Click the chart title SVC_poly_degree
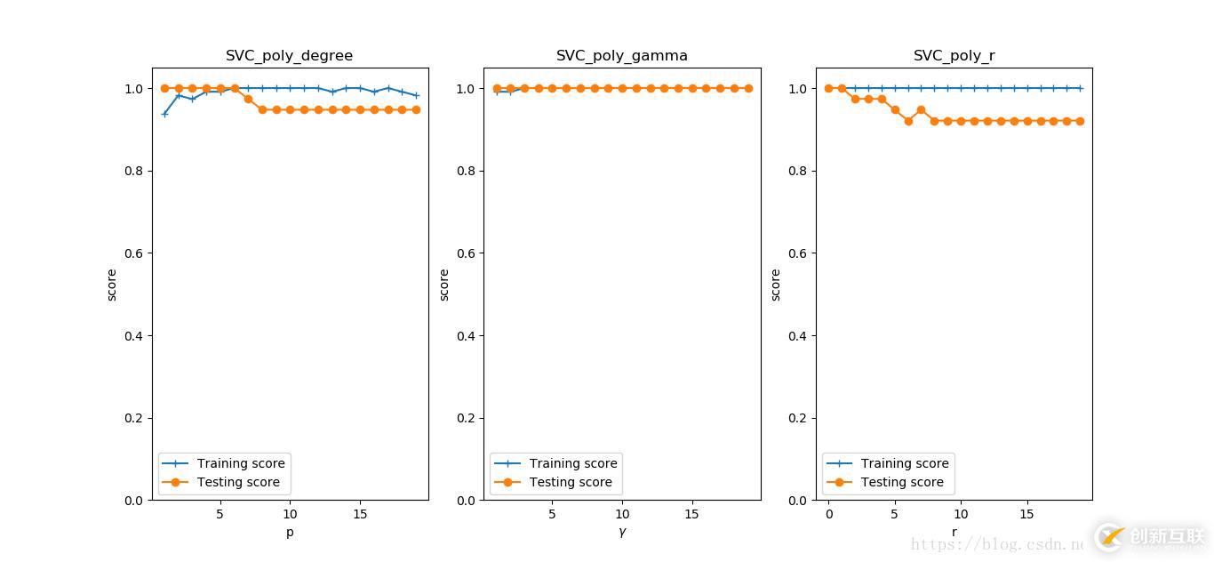[289, 56]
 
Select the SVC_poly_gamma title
[621, 56]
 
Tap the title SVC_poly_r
[954, 56]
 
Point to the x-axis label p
[290, 532]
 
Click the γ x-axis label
[622, 532]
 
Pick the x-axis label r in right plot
[954, 532]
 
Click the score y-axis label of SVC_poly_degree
[112, 285]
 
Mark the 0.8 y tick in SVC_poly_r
[798, 171]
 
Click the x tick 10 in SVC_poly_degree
[290, 515]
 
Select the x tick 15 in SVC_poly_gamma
[692, 515]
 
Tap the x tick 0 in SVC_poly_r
[829, 515]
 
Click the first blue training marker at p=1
[164, 114]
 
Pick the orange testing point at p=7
[248, 99]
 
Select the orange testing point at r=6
[908, 121]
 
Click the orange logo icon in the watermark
[1110, 536]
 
